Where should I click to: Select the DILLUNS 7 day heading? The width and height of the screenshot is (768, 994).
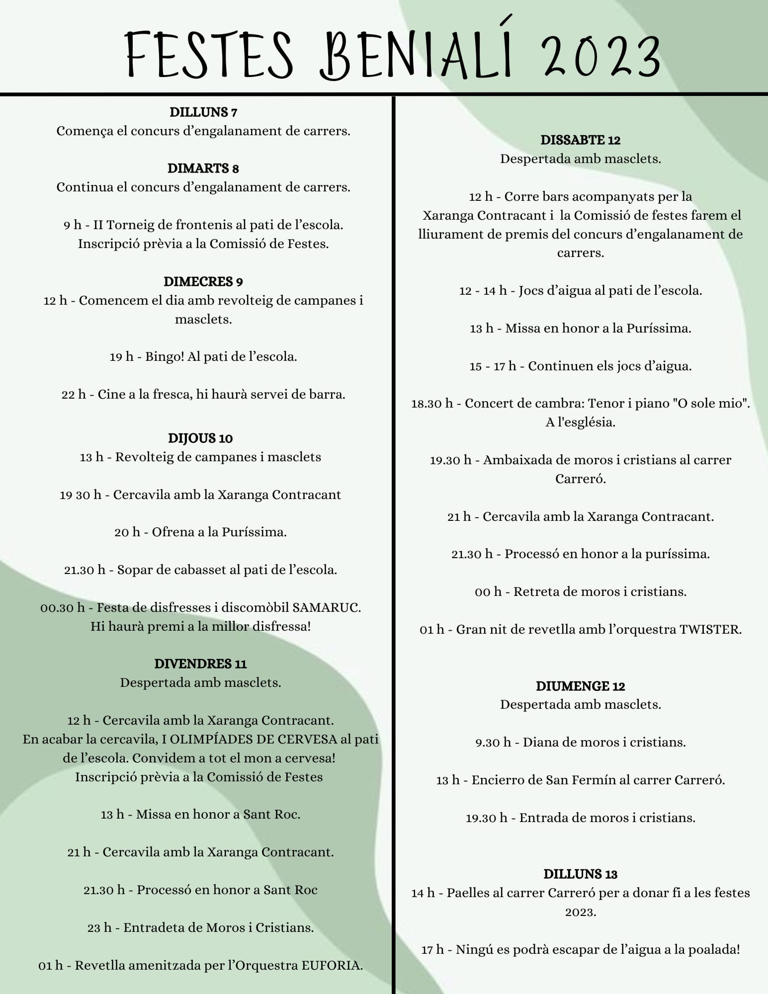pyautogui.click(x=203, y=112)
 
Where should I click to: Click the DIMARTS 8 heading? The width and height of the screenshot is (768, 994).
pyautogui.click(x=203, y=168)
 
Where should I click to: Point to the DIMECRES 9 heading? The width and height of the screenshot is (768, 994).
pyautogui.click(x=203, y=282)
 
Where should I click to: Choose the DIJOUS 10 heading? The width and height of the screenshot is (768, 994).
pyautogui.click(x=200, y=438)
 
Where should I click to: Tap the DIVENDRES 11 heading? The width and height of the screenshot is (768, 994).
pyautogui.click(x=200, y=664)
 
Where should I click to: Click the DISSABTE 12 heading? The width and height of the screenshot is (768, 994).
pyautogui.click(x=581, y=140)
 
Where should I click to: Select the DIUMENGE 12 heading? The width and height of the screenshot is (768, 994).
pyautogui.click(x=580, y=686)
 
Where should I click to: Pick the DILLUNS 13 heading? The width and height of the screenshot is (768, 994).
pyautogui.click(x=580, y=874)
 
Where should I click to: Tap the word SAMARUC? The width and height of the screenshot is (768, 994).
pyautogui.click(x=326, y=608)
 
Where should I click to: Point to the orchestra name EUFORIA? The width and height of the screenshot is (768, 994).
pyautogui.click(x=332, y=966)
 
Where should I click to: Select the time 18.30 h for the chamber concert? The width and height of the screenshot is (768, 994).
pyautogui.click(x=432, y=404)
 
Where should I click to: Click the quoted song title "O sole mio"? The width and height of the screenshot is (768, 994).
pyautogui.click(x=711, y=404)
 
